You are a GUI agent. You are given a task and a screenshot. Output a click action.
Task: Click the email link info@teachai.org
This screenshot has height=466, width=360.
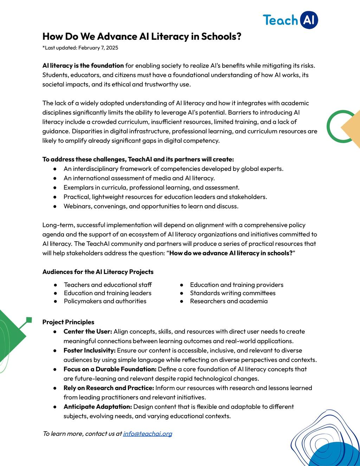coord(147,433)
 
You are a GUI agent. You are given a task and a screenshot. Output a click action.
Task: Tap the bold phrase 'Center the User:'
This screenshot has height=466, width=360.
coord(88,331)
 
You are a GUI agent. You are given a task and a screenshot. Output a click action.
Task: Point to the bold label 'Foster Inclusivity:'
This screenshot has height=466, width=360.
coord(89,350)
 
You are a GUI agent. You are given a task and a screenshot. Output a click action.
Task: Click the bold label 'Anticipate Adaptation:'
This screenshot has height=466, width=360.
coord(97,407)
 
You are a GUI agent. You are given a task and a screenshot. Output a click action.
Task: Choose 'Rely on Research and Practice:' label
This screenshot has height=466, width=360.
coord(109,388)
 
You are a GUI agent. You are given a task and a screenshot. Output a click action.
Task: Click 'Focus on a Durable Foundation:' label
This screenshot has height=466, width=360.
coord(110,369)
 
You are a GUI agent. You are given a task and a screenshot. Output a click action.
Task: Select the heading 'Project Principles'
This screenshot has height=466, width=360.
coord(68,322)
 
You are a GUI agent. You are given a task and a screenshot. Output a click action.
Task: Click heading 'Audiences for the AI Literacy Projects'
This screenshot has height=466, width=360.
coord(98,272)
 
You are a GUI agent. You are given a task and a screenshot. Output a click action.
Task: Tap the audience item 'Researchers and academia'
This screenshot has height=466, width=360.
coord(229,301)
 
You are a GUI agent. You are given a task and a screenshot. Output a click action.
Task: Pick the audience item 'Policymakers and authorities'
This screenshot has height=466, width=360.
coord(105,301)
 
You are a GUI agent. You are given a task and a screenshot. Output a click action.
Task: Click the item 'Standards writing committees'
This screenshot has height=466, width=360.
coord(232,293)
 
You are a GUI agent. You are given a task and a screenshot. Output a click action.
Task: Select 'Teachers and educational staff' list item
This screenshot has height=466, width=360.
coord(108,285)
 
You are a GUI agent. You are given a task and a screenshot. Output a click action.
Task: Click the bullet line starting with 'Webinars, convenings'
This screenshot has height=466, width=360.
coord(151,206)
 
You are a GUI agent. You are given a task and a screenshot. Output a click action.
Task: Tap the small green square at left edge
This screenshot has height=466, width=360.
coord(29,320)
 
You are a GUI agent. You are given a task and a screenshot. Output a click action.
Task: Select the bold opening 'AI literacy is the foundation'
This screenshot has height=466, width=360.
coord(83,65)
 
